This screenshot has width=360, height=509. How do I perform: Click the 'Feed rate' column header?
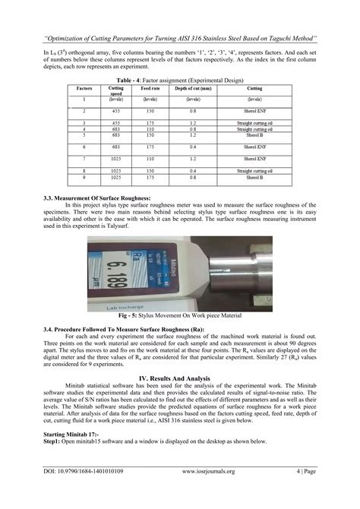point(150,89)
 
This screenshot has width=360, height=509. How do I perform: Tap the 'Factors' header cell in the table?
point(84,89)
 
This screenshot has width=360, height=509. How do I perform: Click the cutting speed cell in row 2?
point(116,109)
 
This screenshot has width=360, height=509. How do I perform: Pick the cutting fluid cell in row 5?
point(254,135)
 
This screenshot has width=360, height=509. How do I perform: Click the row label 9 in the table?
point(84,176)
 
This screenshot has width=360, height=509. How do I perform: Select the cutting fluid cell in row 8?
point(254,171)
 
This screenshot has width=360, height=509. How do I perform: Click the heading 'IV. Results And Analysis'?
point(180,377)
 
